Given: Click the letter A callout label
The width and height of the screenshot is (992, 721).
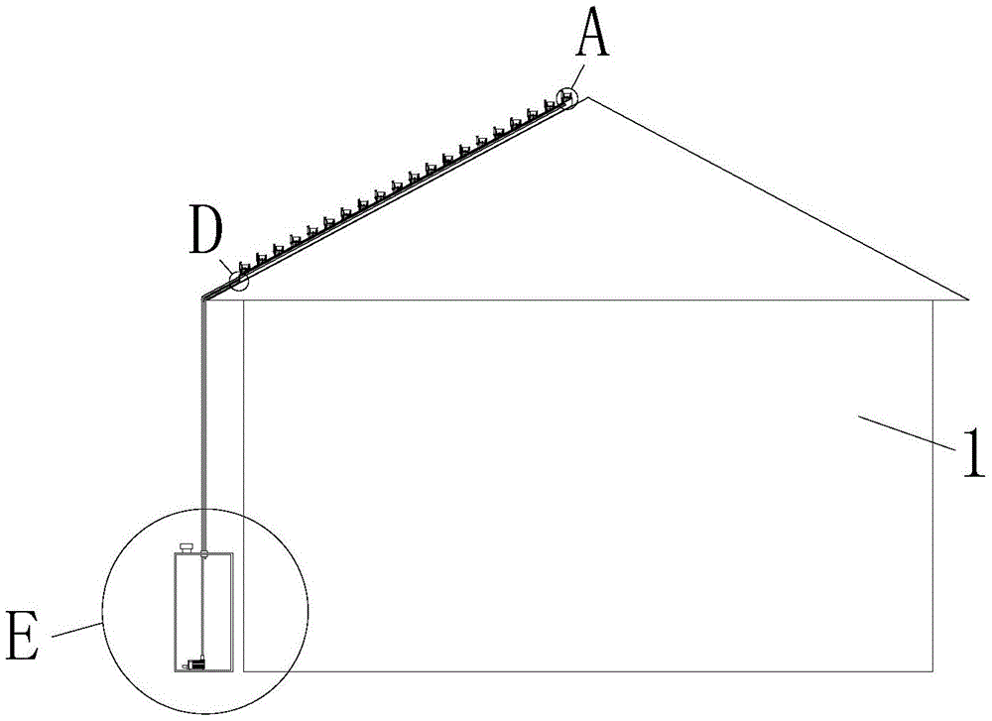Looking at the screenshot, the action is (x=593, y=34).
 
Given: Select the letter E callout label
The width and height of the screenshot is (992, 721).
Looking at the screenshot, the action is (x=23, y=636).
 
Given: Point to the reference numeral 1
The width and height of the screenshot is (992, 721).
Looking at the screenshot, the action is (x=973, y=453).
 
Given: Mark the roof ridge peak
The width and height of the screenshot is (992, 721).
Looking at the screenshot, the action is (x=588, y=97).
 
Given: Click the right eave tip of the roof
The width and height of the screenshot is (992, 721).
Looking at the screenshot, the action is (x=968, y=299).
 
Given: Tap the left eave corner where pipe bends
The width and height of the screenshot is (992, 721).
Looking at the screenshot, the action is (x=203, y=298).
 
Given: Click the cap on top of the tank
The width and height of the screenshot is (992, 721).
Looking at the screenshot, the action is (x=186, y=547).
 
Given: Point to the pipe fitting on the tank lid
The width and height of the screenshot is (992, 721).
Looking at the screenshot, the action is (x=203, y=554).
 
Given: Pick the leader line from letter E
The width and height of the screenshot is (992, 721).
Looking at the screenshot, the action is (x=76, y=630).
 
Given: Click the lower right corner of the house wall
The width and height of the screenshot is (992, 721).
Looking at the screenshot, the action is (x=932, y=671).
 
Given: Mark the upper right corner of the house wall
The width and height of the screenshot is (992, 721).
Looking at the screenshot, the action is (x=932, y=300).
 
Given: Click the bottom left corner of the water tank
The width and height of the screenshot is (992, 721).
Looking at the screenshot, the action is (x=175, y=670).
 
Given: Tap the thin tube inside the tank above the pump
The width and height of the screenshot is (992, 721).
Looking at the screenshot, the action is (x=201, y=607).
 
